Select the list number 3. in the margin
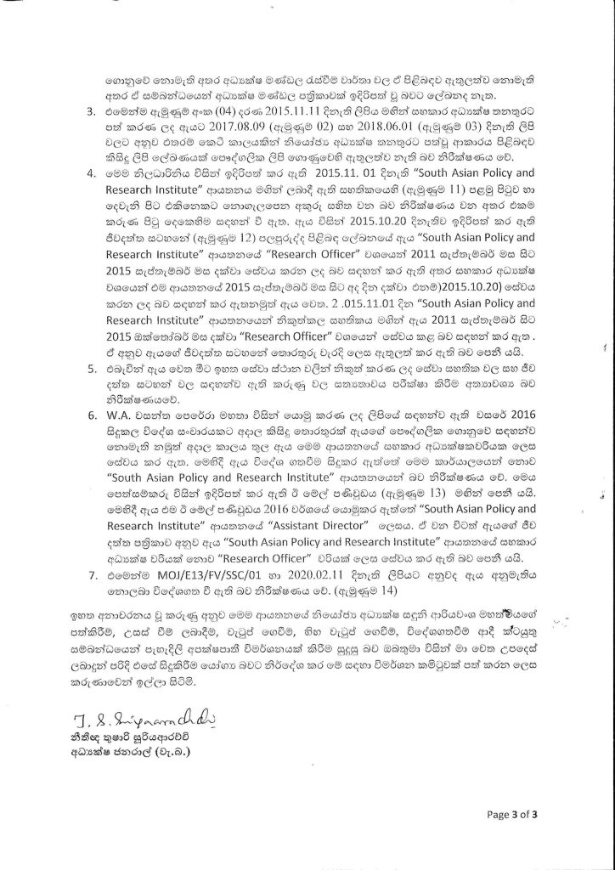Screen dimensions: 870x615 tap(93, 110)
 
